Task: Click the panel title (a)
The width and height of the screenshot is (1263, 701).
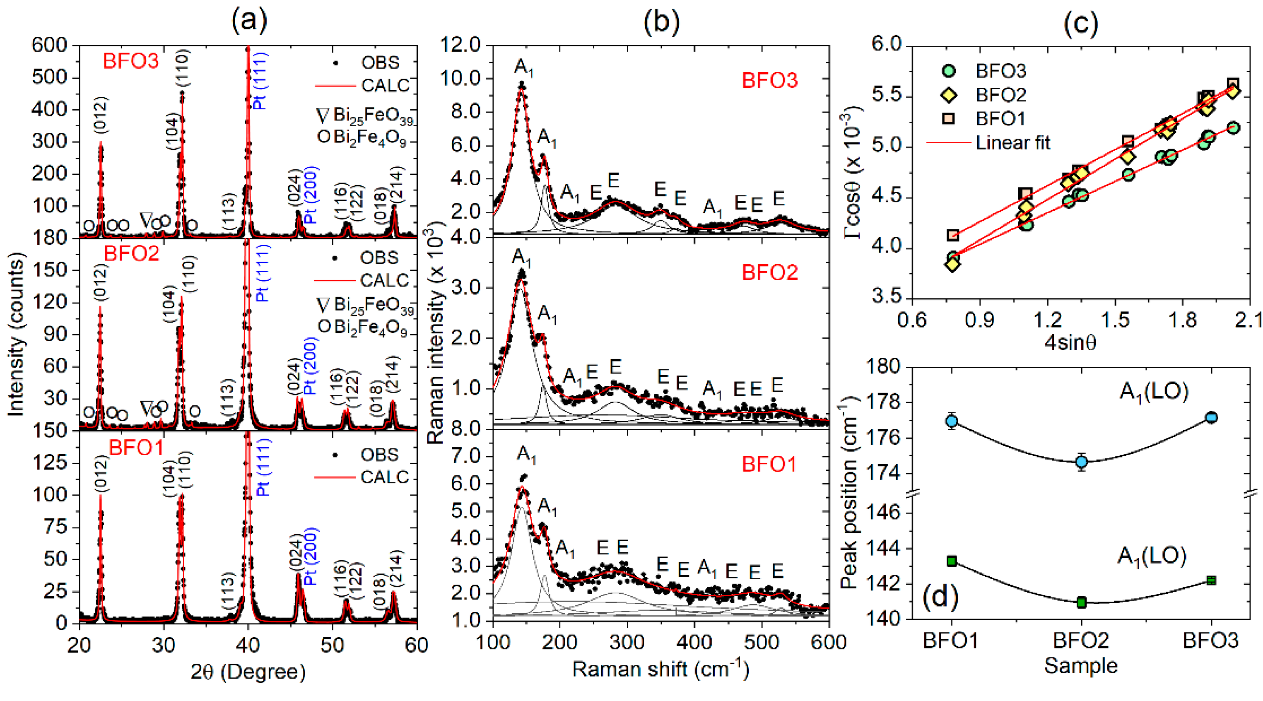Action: (x=249, y=22)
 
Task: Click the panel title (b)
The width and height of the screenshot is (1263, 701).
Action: (x=661, y=22)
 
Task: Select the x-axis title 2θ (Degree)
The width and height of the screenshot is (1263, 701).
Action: (x=248, y=671)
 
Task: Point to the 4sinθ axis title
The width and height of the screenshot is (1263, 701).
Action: (x=1070, y=342)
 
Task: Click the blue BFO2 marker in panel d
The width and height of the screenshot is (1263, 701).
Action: (x=1081, y=462)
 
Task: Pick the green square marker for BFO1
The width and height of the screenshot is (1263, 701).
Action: (x=952, y=561)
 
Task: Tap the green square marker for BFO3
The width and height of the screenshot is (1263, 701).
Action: (x=1211, y=581)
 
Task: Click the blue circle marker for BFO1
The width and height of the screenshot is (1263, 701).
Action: (x=952, y=421)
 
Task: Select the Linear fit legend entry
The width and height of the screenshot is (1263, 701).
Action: (x=1012, y=143)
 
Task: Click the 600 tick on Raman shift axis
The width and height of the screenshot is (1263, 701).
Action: (x=828, y=642)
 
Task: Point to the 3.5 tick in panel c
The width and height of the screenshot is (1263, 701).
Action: (x=888, y=297)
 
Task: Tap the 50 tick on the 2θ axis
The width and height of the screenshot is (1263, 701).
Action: (x=333, y=645)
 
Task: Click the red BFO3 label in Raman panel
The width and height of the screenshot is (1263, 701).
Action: (x=769, y=80)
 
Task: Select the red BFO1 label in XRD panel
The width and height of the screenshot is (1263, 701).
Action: (x=136, y=448)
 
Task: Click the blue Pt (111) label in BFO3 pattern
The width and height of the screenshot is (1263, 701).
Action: (x=260, y=81)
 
